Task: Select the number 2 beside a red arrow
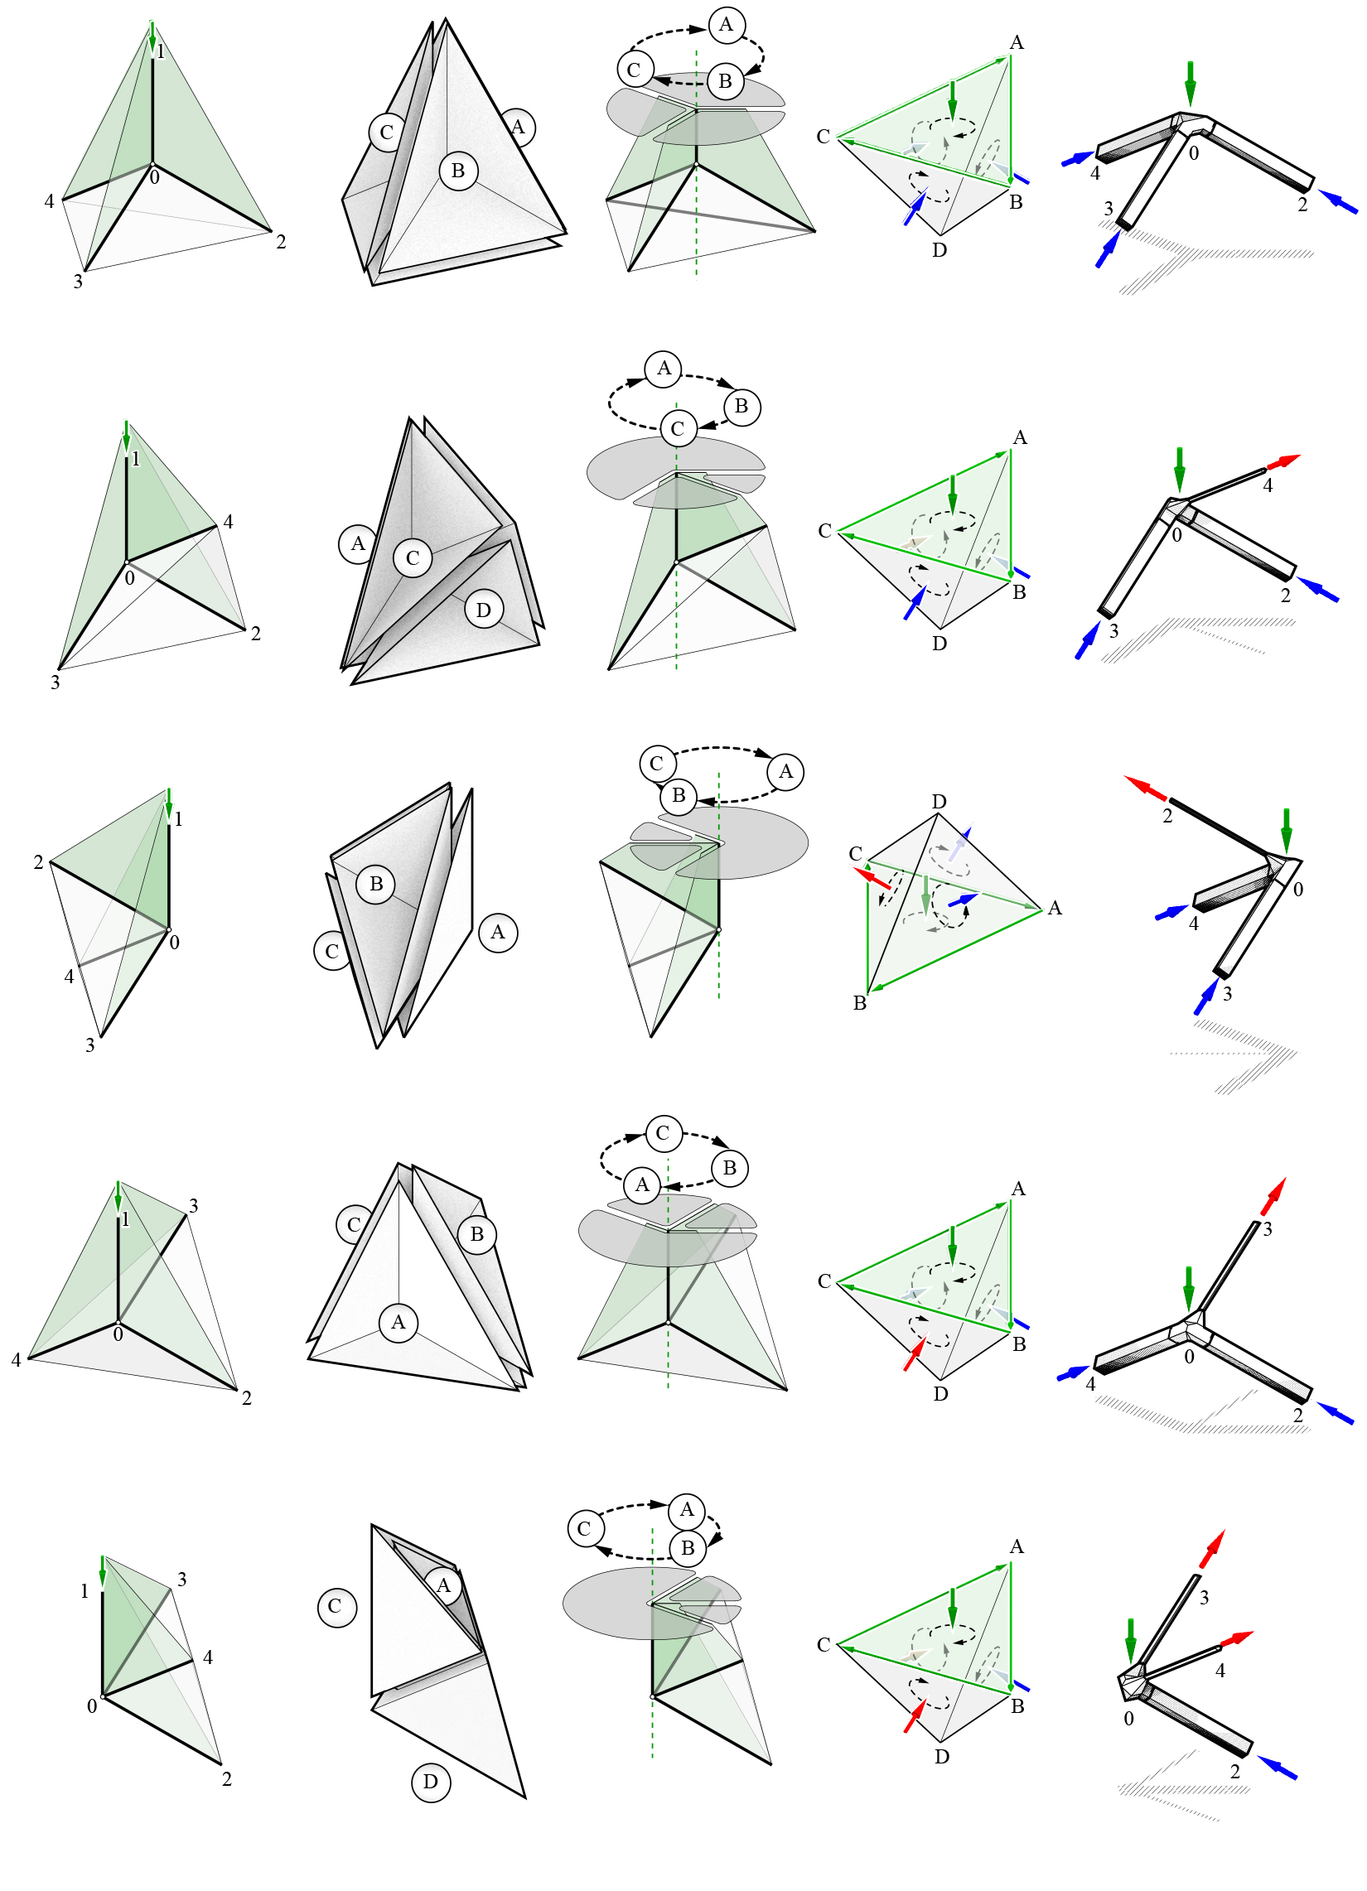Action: pos(1167,816)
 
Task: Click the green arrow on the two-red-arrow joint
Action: pos(1130,1639)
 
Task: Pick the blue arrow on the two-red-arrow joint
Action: pos(1277,1768)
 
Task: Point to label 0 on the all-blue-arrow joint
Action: pos(1194,153)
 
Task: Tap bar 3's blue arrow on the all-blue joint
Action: pos(1107,248)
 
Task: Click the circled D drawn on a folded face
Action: pos(484,610)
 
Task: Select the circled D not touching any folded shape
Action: pos(430,1782)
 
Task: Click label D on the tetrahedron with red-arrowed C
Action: pos(939,801)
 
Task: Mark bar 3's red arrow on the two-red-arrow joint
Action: pos(1212,1549)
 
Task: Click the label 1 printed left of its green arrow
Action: pos(85,1591)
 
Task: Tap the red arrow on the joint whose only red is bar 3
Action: pos(1273,1196)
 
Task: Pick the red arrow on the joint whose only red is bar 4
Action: pos(1283,461)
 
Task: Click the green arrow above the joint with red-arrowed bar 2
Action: pos(1286,830)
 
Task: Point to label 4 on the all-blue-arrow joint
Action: pos(1095,173)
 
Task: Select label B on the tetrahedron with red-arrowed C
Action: pos(860,1003)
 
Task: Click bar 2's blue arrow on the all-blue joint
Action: pos(1338,202)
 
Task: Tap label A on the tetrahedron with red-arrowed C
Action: pos(1055,908)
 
